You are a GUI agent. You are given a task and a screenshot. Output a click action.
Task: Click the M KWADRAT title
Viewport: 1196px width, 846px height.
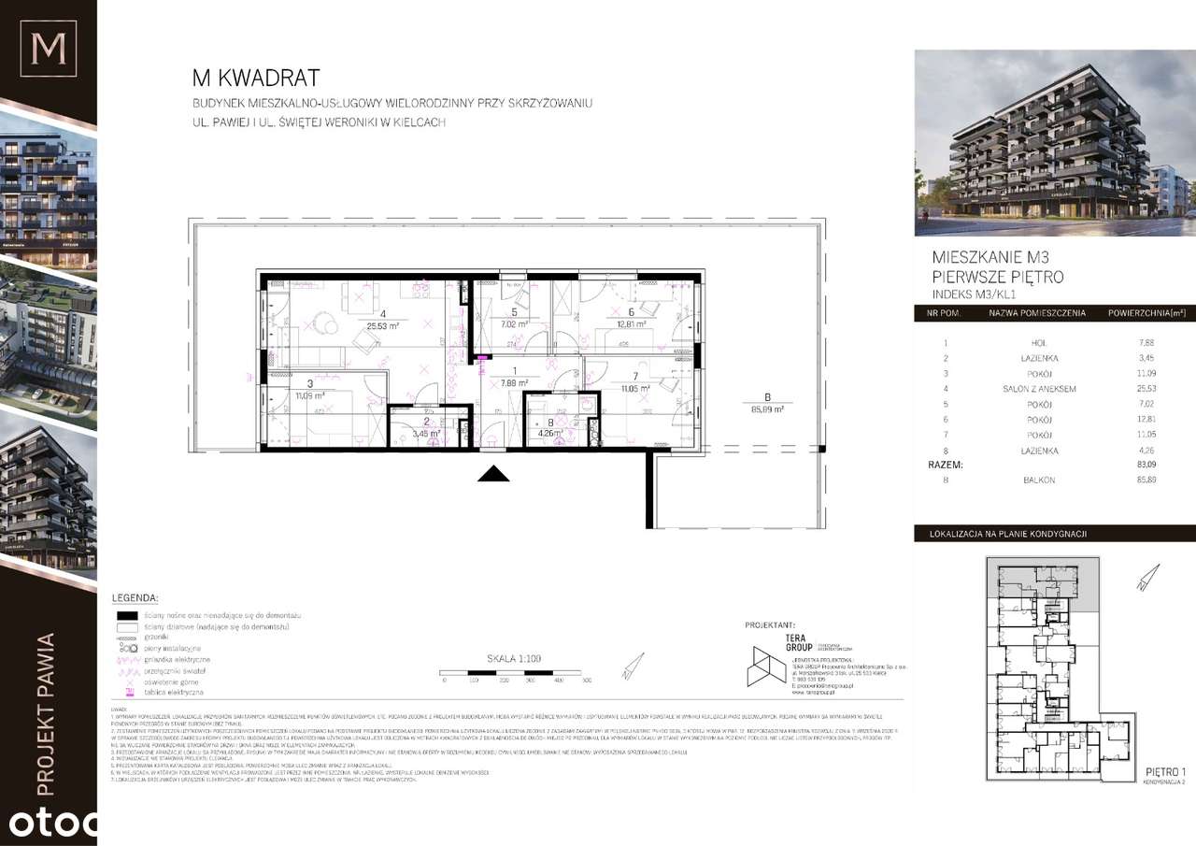click(255, 78)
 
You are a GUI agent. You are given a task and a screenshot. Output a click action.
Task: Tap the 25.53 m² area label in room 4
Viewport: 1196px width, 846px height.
click(383, 326)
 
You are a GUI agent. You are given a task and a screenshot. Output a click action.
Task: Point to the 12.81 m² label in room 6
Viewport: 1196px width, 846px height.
click(632, 325)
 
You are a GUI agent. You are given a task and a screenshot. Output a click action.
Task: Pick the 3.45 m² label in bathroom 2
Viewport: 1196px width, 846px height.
click(426, 434)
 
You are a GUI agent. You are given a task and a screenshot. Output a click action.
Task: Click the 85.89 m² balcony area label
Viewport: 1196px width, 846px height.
click(765, 409)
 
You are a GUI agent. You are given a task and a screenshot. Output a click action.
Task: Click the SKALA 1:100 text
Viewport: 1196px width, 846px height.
click(514, 658)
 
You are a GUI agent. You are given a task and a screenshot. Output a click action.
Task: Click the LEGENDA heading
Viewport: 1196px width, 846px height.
click(135, 597)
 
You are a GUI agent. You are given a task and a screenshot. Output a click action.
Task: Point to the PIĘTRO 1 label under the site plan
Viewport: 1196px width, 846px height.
click(1164, 771)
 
